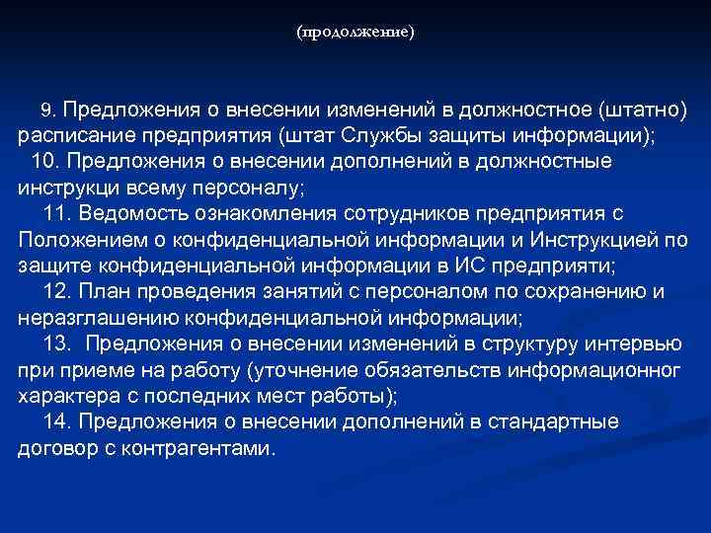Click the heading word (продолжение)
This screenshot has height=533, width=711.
tap(355, 33)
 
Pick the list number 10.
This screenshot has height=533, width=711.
tap(45, 160)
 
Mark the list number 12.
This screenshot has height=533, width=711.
tap(58, 291)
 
